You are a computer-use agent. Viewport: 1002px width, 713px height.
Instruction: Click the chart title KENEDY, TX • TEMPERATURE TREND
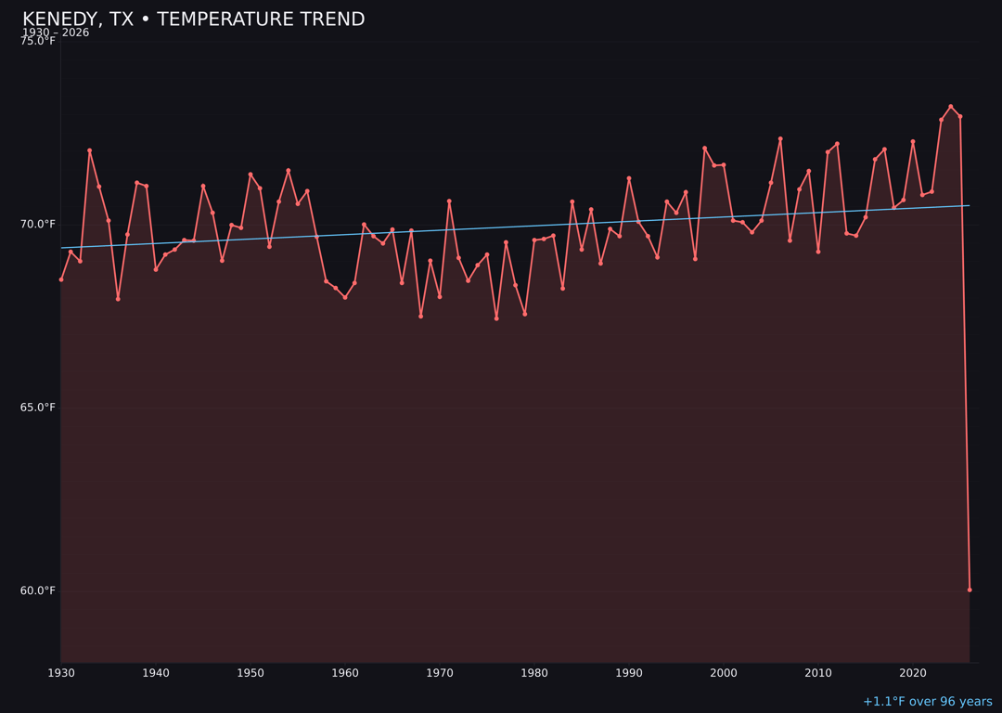pos(193,19)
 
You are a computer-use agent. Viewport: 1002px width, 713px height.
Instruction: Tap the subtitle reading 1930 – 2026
pos(56,33)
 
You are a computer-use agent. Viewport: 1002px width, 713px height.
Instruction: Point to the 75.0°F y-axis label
pos(38,41)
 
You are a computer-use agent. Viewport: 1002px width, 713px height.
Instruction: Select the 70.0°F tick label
pos(38,224)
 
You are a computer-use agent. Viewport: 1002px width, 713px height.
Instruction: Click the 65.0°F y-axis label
pos(38,408)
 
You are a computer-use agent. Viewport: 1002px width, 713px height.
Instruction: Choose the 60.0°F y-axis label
pos(38,590)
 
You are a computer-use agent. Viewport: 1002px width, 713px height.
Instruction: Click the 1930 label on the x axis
pos(61,673)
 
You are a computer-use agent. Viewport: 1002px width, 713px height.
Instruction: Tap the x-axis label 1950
pos(250,673)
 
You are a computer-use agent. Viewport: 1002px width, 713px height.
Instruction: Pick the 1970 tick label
pos(440,673)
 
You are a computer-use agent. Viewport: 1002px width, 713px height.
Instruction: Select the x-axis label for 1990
pos(629,673)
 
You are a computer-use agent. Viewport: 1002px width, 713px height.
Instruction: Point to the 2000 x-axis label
pos(724,673)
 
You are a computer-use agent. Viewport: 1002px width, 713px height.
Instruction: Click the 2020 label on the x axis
pos(913,673)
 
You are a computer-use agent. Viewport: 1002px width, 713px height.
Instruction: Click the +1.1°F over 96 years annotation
pos(927,702)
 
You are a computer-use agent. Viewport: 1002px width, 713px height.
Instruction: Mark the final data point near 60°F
pos(970,590)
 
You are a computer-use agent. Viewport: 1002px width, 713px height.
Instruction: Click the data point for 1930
pos(61,279)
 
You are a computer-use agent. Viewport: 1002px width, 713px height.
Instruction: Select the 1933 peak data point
pos(90,150)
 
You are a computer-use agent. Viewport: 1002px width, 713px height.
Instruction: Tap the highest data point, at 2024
pos(951,107)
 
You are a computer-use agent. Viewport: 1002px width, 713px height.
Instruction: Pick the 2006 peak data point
pos(780,139)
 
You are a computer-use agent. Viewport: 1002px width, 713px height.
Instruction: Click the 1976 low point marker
pos(496,318)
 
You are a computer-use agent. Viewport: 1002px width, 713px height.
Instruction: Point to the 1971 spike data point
pos(449,201)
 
